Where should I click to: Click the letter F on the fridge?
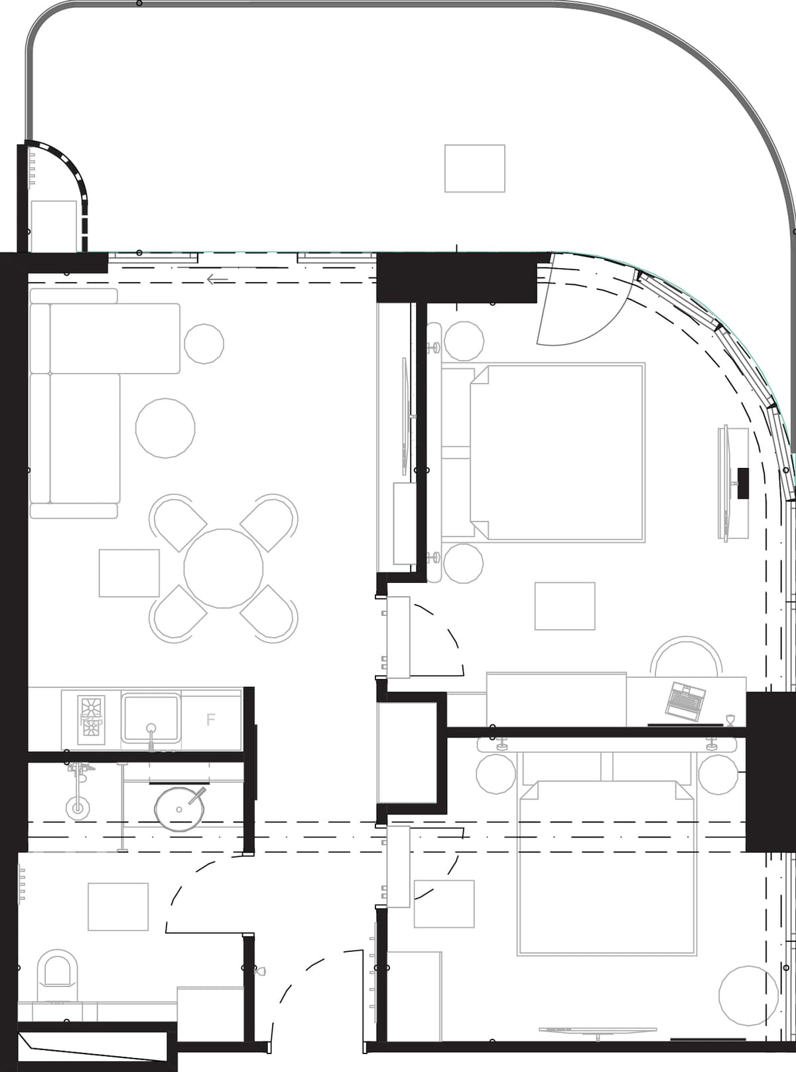(210, 720)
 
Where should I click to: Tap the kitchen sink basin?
(151, 718)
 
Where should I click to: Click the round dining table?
(224, 568)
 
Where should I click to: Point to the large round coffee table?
(165, 428)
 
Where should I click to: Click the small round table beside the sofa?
(204, 344)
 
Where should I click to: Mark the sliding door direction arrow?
(218, 279)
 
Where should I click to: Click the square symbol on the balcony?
(474, 169)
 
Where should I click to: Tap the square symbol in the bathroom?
(118, 907)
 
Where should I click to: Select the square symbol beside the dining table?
(129, 573)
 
